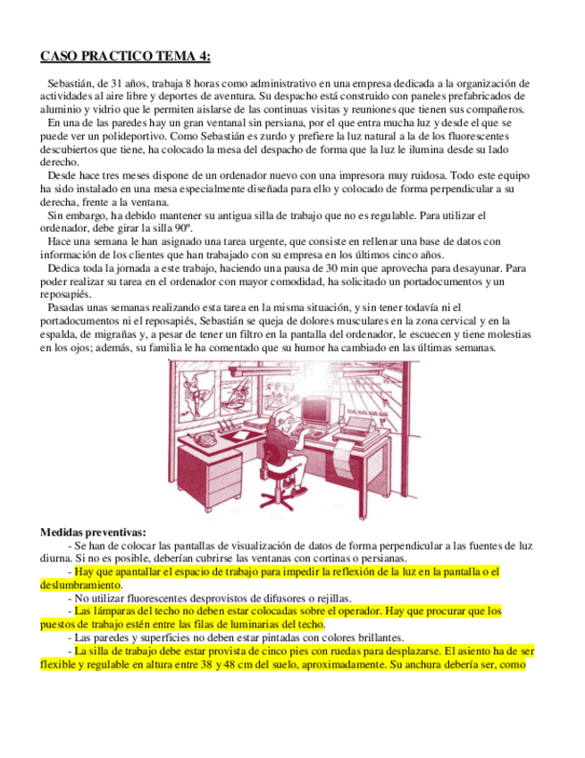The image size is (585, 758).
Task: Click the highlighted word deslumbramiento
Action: tap(79, 585)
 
